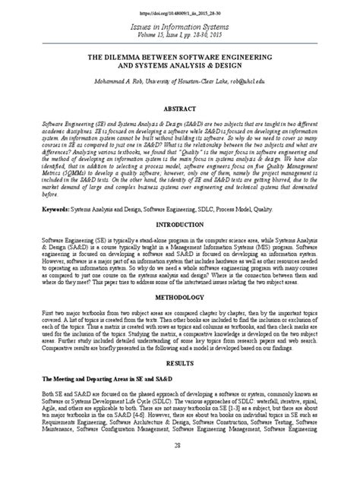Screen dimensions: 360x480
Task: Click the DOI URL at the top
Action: (180, 14)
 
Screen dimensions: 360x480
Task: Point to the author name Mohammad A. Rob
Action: (123, 78)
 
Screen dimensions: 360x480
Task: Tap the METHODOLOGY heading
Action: (180, 298)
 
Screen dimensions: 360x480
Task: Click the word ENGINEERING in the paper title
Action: (262, 57)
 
